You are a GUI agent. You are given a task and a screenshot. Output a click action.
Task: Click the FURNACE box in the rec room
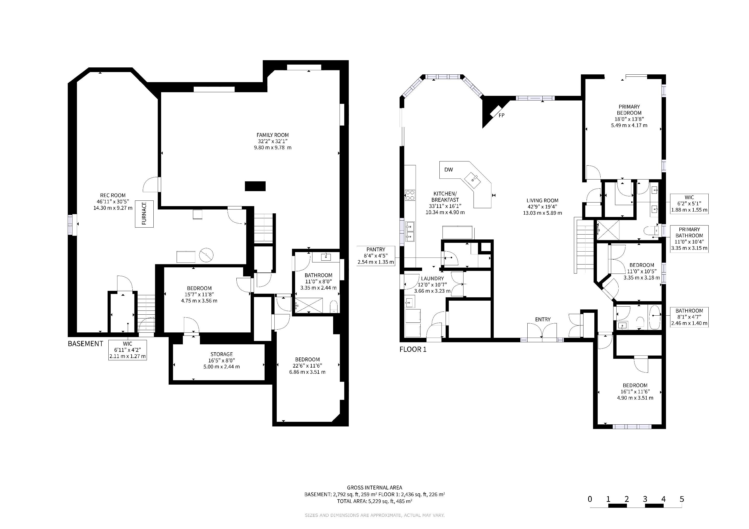point(144,214)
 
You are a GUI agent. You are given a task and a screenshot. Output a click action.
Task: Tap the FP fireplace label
point(502,115)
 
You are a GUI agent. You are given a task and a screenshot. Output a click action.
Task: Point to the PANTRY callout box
point(376,256)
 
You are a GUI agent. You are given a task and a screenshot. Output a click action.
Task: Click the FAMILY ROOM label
point(273,135)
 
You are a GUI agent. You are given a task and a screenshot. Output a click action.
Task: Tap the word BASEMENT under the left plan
point(85,344)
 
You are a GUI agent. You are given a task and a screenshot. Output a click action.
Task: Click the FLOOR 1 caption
point(413,349)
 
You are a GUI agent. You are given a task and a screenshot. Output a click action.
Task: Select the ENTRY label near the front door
point(543,320)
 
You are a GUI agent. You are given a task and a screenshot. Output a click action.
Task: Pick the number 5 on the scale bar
point(681,499)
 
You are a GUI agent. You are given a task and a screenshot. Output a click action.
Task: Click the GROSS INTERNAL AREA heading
point(374,488)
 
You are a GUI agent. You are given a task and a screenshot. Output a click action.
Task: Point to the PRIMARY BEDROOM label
point(629,110)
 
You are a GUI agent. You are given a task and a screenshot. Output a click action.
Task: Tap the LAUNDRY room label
point(433,278)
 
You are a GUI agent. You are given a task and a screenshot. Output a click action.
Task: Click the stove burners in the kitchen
point(410,195)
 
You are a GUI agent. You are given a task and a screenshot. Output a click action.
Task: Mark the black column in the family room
point(255,186)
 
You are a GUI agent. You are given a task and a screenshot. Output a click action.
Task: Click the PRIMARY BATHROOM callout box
point(689,239)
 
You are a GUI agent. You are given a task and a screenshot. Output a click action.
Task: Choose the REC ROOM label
point(113,196)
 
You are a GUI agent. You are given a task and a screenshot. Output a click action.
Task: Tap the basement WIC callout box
point(128,350)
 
